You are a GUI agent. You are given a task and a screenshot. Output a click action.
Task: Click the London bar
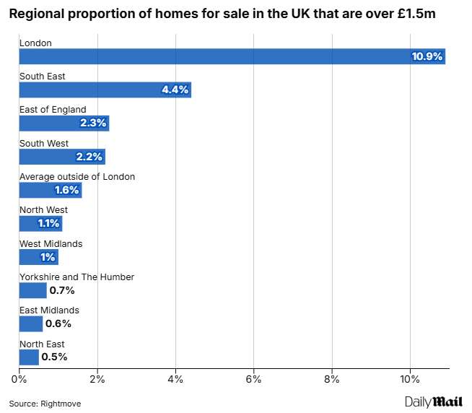(232, 56)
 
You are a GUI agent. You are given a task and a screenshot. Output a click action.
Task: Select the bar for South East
(105, 90)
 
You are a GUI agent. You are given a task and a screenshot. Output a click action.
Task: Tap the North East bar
(29, 357)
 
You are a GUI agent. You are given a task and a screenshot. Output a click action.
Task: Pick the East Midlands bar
(31, 324)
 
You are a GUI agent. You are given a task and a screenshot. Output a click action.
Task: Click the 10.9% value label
(427, 56)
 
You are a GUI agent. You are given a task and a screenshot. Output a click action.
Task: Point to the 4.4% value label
(175, 90)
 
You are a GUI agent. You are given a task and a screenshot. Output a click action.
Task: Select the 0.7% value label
(62, 290)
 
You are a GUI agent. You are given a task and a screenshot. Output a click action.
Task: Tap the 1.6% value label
(66, 190)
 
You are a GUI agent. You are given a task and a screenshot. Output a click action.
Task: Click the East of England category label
(53, 109)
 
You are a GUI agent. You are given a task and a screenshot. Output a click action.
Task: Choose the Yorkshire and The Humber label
(77, 277)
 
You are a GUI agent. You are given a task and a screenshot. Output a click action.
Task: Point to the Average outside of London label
(77, 176)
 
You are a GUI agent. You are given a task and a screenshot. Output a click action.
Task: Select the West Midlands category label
(51, 244)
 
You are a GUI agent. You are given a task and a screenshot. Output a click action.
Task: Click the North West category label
(43, 210)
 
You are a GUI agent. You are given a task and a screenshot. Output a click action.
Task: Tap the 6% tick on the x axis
(253, 379)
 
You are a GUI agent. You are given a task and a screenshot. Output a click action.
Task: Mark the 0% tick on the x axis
(19, 379)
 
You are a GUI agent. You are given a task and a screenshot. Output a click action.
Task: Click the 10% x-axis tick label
(410, 379)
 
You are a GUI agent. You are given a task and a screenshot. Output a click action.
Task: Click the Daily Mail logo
(434, 402)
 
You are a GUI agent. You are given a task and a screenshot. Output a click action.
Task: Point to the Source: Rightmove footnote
(45, 404)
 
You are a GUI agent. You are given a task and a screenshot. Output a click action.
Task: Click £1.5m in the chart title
(416, 14)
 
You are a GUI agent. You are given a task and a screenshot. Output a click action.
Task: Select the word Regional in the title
(37, 14)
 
